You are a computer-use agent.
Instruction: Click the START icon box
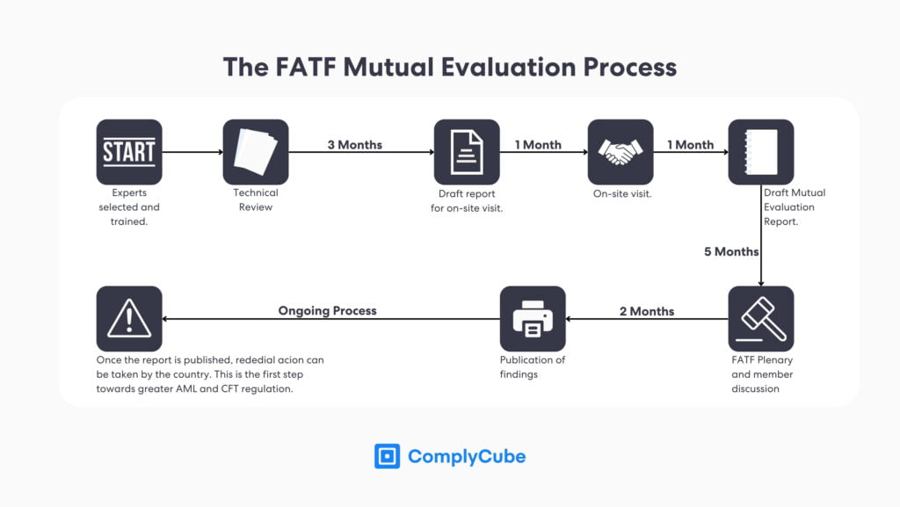[x=129, y=152]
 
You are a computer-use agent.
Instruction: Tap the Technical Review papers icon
[x=256, y=152]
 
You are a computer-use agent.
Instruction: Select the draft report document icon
[x=467, y=152]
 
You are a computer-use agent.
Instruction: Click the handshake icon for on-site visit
[x=621, y=152]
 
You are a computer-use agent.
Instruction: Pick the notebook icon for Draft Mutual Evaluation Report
[x=761, y=152]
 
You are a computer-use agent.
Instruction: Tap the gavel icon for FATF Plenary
[x=761, y=319]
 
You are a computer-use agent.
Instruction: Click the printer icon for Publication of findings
[x=533, y=319]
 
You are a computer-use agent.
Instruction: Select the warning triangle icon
[x=129, y=319]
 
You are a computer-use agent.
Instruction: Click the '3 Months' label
[x=354, y=145]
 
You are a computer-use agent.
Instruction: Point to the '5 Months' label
[x=730, y=252]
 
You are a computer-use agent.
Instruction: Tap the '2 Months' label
[x=647, y=311]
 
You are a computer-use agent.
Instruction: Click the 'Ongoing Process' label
[x=327, y=310]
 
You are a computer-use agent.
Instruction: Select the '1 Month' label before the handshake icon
[x=538, y=145]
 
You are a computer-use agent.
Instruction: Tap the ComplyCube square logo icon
[x=387, y=456]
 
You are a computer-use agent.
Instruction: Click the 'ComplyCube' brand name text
[x=467, y=456]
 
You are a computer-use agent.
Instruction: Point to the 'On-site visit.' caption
[x=622, y=193]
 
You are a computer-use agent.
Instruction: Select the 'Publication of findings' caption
[x=533, y=367]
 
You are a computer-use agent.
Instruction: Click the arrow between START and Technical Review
[x=192, y=152]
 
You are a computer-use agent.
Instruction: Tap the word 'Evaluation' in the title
[x=507, y=67]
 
